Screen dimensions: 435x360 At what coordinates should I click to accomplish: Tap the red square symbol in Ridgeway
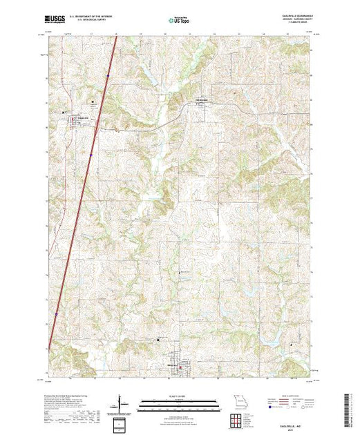181,368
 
